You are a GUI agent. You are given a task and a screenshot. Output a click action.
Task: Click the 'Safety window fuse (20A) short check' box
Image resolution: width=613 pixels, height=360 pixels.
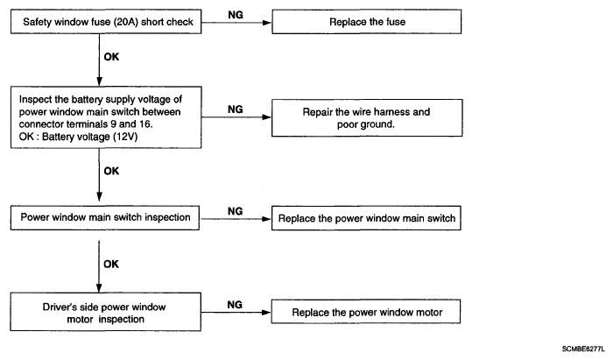point(106,22)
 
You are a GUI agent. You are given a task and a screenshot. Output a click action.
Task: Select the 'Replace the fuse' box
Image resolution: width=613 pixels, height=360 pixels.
point(367,22)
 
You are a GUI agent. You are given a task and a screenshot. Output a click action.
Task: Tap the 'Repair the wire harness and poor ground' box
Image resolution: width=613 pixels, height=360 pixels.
point(367,117)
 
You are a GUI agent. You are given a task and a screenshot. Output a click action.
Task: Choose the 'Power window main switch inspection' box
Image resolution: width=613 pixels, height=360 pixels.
point(105,218)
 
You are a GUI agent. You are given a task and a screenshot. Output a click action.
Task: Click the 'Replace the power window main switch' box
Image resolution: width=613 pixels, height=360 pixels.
point(366,218)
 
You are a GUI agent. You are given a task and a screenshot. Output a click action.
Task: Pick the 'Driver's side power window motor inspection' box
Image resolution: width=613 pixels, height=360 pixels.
point(106,312)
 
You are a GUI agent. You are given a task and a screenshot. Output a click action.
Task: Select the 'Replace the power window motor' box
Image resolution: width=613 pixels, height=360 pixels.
point(366,312)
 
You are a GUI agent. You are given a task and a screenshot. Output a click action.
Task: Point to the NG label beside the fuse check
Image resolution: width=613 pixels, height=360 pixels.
point(236,15)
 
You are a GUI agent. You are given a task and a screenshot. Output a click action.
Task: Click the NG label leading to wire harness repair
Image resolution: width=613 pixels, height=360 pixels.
point(236,109)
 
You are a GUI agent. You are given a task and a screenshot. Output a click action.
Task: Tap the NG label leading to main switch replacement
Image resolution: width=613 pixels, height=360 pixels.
point(235,211)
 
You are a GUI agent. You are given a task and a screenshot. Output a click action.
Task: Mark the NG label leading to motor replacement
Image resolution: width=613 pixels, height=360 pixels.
point(235,305)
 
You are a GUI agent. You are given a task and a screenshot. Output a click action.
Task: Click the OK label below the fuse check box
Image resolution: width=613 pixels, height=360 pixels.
point(111,57)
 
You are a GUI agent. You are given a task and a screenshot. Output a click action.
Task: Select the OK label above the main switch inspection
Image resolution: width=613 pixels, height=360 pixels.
point(111,171)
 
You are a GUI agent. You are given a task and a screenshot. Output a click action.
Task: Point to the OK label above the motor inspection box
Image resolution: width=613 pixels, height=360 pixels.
point(111,265)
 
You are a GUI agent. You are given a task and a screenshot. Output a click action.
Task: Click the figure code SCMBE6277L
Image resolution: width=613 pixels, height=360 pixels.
point(583,349)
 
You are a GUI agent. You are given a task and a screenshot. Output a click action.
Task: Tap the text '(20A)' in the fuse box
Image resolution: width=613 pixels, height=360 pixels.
point(126,22)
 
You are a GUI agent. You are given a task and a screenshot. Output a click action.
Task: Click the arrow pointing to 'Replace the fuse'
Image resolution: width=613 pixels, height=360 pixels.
point(236,23)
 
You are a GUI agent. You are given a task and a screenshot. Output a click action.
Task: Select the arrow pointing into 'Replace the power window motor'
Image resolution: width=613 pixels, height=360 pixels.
point(236,313)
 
